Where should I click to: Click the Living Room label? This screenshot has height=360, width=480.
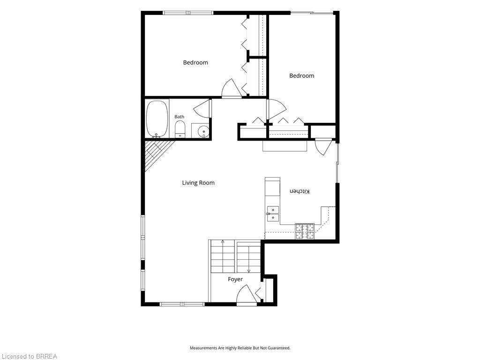198,183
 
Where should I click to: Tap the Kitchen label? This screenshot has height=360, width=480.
300,191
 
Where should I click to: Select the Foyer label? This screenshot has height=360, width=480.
235,279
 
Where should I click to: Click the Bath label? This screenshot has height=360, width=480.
180,117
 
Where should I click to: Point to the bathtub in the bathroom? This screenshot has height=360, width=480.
157,120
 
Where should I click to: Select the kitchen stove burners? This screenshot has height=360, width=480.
305,232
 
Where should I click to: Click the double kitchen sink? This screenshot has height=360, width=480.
272,214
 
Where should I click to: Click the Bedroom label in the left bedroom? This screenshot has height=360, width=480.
195,62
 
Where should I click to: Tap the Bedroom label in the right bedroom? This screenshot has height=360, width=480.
301,75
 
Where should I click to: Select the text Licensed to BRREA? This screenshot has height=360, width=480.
29,356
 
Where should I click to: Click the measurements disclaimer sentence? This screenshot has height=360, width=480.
240,348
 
